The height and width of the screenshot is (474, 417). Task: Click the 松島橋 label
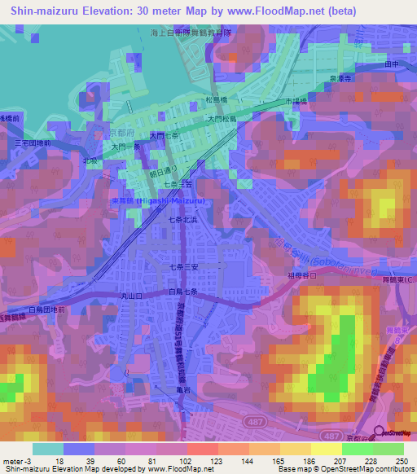(x=216, y=101)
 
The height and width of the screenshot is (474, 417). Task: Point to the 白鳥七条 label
(x=186, y=291)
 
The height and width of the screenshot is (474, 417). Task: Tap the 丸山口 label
(x=131, y=297)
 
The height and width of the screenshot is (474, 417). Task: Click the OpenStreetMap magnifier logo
(x=380, y=433)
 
